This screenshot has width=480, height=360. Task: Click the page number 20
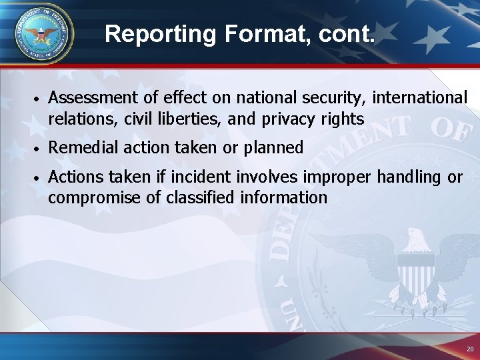(469, 349)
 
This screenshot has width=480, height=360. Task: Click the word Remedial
(79, 147)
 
